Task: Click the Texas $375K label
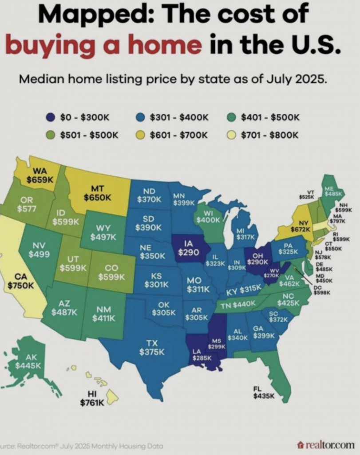pos(152,347)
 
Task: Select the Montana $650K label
pos(97,193)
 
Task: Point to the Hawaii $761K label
pos(92,399)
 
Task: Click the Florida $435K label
pos(264,393)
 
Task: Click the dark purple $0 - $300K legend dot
pos(50,117)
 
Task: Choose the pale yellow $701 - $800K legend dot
pos(230,135)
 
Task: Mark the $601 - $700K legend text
pos(179,135)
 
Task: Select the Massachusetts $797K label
pos(339,218)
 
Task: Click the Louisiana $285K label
pos(197,355)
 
